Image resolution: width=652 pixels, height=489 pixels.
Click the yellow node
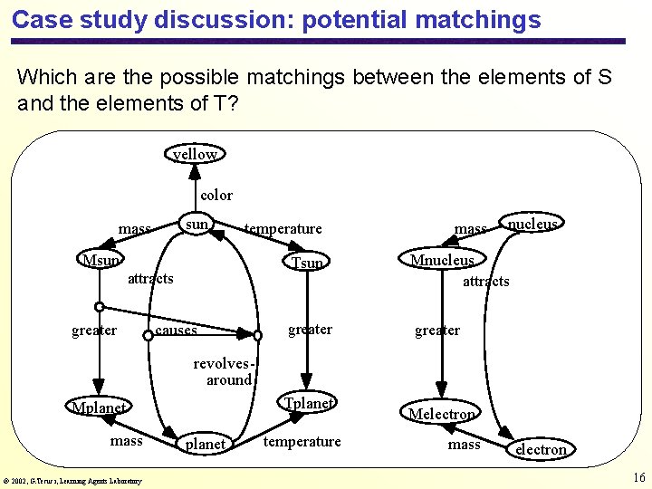(x=196, y=154)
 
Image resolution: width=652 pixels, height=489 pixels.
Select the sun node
(x=197, y=224)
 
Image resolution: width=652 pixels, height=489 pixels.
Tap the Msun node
(x=100, y=261)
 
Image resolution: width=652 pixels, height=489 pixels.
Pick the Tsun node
(x=307, y=263)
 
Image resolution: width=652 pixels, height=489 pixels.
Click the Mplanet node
(x=99, y=407)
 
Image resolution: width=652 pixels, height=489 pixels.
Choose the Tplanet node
(x=309, y=403)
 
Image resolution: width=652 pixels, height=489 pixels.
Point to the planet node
(x=205, y=444)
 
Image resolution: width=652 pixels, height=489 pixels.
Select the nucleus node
(x=532, y=224)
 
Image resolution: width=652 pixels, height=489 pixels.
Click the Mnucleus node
(x=442, y=260)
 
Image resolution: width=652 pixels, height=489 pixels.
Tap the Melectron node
(x=441, y=414)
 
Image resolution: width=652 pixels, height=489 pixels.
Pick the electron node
(x=541, y=449)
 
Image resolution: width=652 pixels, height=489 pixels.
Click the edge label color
(x=216, y=195)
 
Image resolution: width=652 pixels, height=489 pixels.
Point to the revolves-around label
(x=222, y=371)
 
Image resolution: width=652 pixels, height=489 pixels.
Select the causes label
(x=176, y=331)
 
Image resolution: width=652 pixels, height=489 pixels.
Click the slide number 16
(x=638, y=477)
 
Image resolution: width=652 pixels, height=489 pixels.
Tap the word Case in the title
(x=38, y=19)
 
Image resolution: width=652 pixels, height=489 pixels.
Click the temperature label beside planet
(x=302, y=441)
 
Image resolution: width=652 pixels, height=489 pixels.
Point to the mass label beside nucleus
(x=470, y=229)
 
